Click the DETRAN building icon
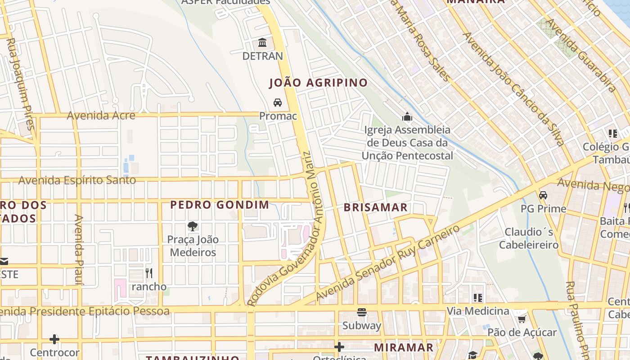[x=262, y=43]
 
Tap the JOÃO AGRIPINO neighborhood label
[x=319, y=83]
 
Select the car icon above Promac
[x=278, y=103]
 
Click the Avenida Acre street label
[x=101, y=116]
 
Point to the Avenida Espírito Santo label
[x=77, y=180]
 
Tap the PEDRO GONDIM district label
[x=220, y=205]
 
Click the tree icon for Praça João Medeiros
[x=193, y=226]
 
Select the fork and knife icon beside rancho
[x=149, y=273]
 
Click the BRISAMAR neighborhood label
[x=376, y=207]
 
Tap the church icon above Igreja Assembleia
[x=407, y=117]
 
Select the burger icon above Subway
[x=362, y=312]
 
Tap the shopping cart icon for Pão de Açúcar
[x=522, y=319]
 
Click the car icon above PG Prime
[x=543, y=195]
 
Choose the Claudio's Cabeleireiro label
[x=529, y=238]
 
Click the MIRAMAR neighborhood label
[x=404, y=347]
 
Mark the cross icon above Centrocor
[x=54, y=339]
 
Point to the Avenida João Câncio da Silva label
[x=513, y=89]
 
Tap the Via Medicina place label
[x=478, y=311]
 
